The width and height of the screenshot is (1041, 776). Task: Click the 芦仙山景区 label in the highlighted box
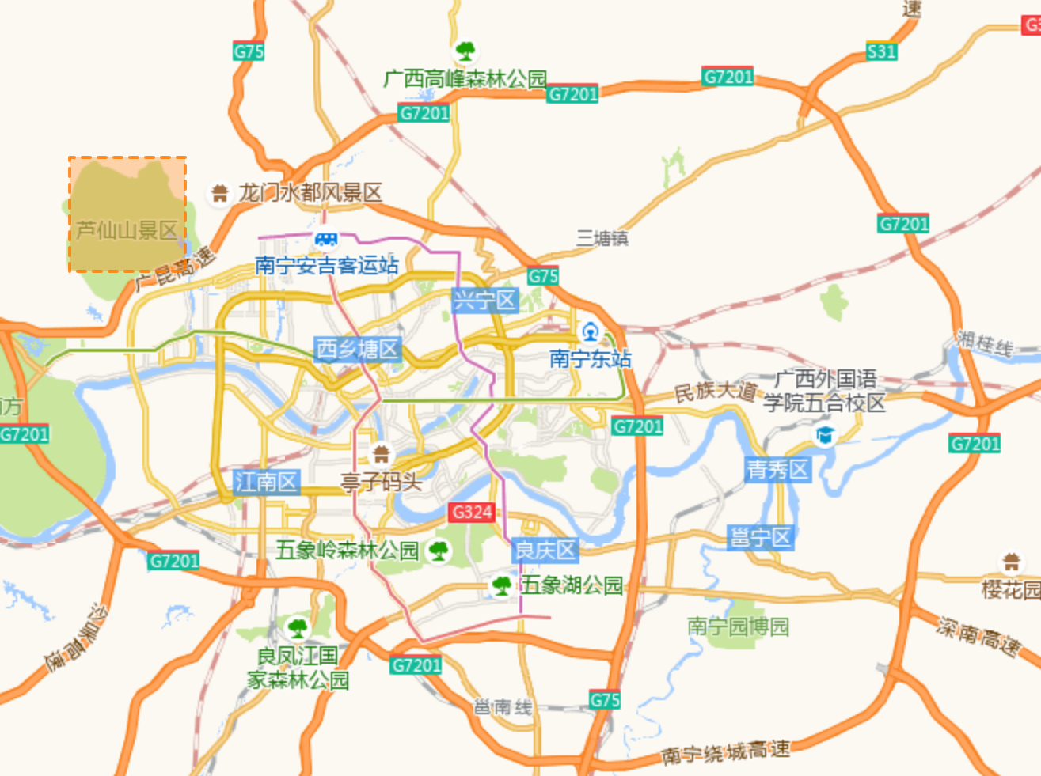[x=127, y=230]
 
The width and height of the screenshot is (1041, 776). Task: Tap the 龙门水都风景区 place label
[x=310, y=192]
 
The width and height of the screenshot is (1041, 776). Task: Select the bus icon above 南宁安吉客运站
[x=326, y=238]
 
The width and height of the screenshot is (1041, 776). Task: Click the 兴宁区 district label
[x=484, y=301]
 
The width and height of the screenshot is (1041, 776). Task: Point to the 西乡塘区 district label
[x=358, y=349]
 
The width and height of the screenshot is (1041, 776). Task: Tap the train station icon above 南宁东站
[x=590, y=331]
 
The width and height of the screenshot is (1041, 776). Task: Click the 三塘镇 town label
[x=602, y=238]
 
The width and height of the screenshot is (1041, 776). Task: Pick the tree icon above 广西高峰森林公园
[x=465, y=51]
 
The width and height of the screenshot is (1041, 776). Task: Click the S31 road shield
[x=881, y=51]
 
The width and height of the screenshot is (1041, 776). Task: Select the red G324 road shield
[x=472, y=512]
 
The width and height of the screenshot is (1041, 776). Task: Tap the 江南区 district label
[x=267, y=481]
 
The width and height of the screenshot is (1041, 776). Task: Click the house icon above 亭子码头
[x=382, y=454]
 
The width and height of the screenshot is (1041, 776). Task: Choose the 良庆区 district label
[x=545, y=550]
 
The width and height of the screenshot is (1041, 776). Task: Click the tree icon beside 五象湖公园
[x=502, y=585]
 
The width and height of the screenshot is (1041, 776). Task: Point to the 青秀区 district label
[x=778, y=470]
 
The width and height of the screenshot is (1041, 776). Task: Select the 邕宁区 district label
[x=761, y=538]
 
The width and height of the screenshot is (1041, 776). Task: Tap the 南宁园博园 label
[x=739, y=626]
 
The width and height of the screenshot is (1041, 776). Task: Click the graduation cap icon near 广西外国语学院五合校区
[x=825, y=435]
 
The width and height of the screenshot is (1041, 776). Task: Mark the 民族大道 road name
[x=715, y=391]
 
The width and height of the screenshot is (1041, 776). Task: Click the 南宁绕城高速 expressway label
[x=725, y=751]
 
